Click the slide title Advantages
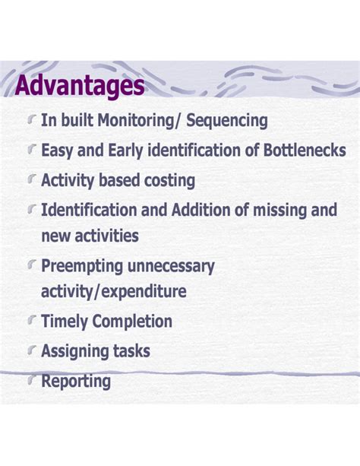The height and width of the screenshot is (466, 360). [x=79, y=85]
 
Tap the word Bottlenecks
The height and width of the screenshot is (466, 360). [x=304, y=150]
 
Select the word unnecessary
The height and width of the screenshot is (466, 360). [x=175, y=266]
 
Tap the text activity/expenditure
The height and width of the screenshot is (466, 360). [x=114, y=291]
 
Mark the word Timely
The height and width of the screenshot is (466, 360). [x=65, y=322]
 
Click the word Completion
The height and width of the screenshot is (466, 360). [x=132, y=322]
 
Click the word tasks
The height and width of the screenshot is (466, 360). [x=132, y=351]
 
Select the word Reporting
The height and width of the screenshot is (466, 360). [x=76, y=381]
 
